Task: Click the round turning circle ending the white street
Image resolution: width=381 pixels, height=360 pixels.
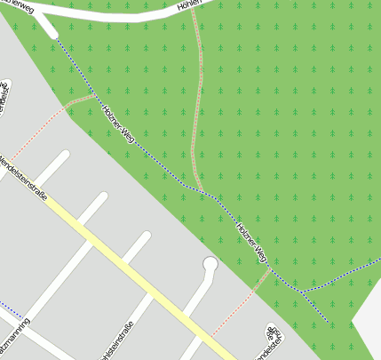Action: click(x=210, y=264)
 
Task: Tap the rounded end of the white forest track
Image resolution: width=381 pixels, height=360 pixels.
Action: click(x=53, y=35)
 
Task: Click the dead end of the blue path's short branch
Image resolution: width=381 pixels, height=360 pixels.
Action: click(x=328, y=321)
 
